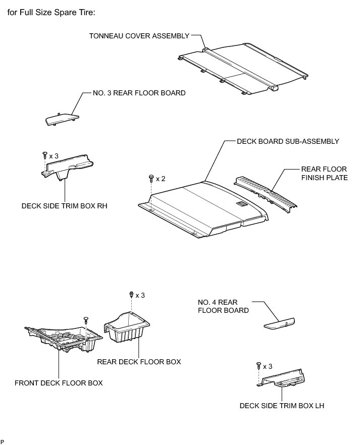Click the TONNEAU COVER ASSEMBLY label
pos(139,36)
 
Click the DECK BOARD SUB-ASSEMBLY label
pos(288,141)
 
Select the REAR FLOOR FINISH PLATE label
pos(324,174)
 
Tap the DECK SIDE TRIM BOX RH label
pos(65,206)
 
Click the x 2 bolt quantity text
pos(161,179)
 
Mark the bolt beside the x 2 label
pos(151,178)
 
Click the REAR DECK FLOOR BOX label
pos(138,361)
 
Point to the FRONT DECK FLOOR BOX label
pos(59,382)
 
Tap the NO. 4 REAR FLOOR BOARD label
pos(223,306)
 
